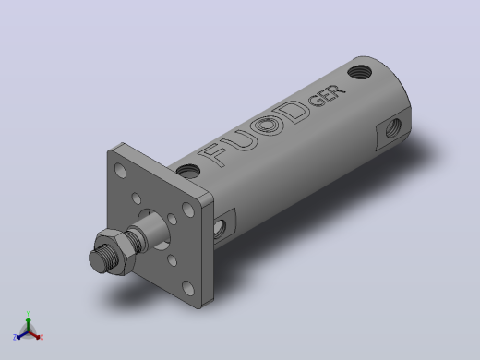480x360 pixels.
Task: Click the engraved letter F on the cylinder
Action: tap(213, 155)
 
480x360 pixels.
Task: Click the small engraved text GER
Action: tap(327, 96)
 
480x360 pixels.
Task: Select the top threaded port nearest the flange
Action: tap(188, 171)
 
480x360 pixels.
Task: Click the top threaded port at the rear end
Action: tap(359, 72)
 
